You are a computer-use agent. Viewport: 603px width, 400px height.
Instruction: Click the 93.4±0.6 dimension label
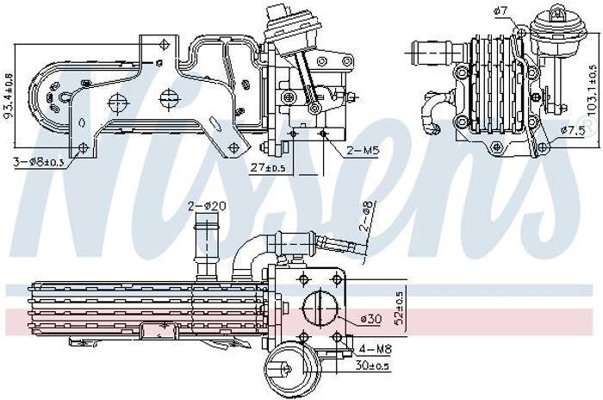(x=8, y=95)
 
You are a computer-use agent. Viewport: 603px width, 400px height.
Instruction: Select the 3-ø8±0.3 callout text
(x=39, y=162)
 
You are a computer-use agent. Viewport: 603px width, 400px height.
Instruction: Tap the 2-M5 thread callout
(x=363, y=151)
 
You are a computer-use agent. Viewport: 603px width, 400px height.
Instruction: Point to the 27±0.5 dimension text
(x=268, y=168)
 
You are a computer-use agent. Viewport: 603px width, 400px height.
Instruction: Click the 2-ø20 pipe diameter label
(x=207, y=207)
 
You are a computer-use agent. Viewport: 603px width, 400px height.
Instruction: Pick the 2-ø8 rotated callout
(x=366, y=216)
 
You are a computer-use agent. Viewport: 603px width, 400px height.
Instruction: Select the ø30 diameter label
(x=371, y=319)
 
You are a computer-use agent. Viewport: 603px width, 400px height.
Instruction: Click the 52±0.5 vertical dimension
(x=399, y=309)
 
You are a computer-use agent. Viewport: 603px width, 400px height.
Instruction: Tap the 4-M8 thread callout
(x=375, y=349)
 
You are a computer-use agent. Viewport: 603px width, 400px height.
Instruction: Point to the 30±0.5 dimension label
(x=372, y=366)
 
